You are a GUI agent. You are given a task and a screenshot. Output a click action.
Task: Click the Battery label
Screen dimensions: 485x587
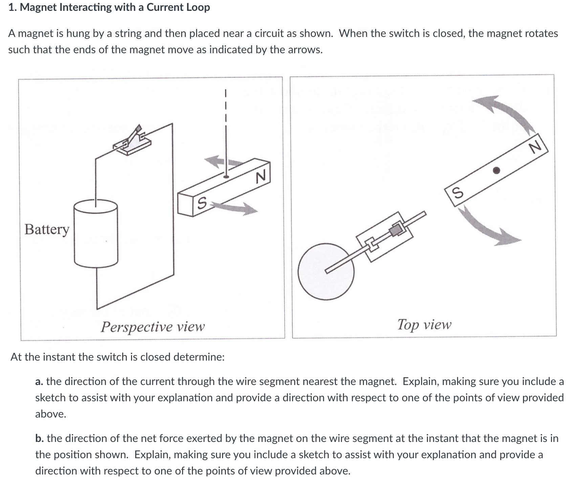[47, 229]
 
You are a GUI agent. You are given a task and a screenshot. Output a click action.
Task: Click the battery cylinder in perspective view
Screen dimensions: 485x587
[96, 234]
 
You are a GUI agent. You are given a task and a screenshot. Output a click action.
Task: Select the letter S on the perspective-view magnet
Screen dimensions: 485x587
[201, 203]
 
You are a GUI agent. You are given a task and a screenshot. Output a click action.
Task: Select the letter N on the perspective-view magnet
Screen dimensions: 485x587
[261, 177]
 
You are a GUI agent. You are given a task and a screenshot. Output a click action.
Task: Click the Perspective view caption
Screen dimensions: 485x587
[153, 327]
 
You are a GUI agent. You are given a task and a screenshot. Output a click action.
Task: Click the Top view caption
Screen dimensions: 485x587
[424, 325]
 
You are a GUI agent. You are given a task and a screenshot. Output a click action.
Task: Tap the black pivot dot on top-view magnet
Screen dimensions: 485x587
[496, 170]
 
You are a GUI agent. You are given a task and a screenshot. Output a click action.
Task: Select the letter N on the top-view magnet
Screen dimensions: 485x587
[535, 147]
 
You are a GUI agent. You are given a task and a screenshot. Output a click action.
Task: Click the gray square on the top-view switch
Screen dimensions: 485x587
[395, 230]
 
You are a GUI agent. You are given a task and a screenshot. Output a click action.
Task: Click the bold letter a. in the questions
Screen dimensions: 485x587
[39, 382]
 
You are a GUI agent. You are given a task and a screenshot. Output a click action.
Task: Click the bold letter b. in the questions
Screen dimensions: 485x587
[39, 439]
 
